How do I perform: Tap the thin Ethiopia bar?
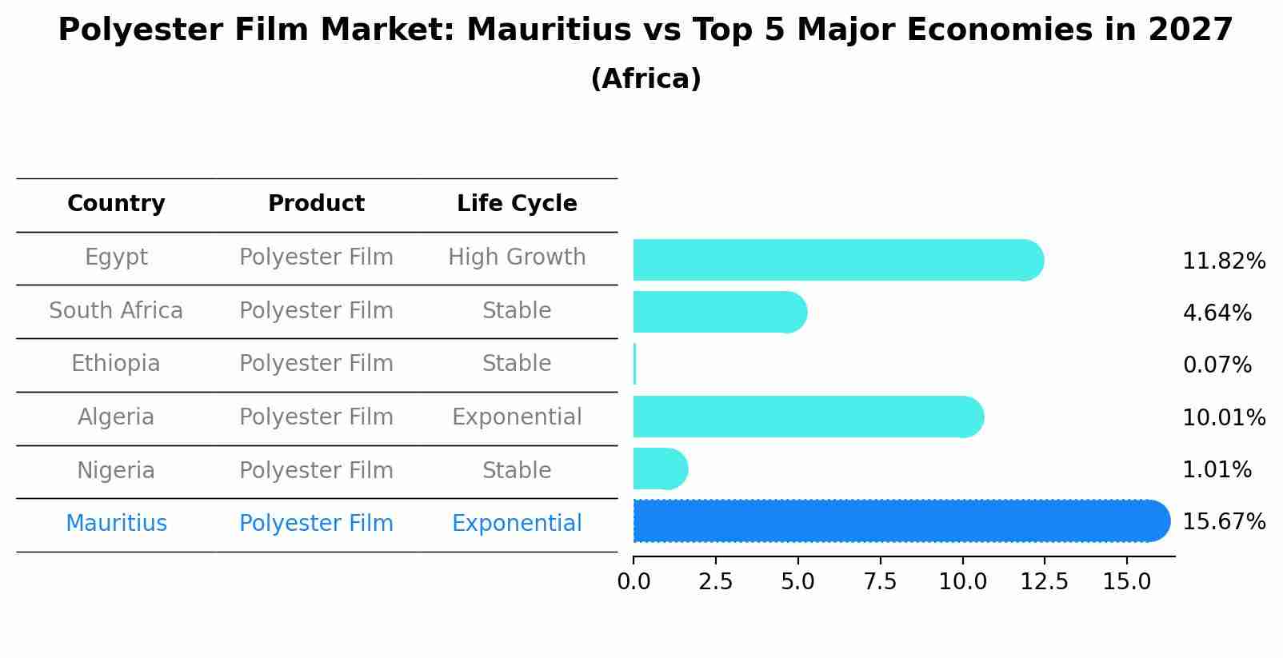tap(634, 365)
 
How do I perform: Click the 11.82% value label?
tap(1224, 261)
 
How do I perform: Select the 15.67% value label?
tap(1224, 522)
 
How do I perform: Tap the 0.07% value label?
tap(1217, 365)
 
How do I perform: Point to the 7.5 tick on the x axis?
tap(880, 582)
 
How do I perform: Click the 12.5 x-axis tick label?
tap(1044, 582)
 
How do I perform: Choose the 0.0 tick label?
tap(634, 582)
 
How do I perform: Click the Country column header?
tap(116, 204)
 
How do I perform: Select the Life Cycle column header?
tap(517, 204)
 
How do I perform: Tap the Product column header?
tap(316, 204)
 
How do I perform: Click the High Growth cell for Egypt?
tap(517, 257)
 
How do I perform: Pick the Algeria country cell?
tap(116, 417)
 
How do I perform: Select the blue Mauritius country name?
tap(116, 524)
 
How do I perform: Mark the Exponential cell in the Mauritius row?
tap(517, 524)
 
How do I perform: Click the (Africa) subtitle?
tap(645, 79)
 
